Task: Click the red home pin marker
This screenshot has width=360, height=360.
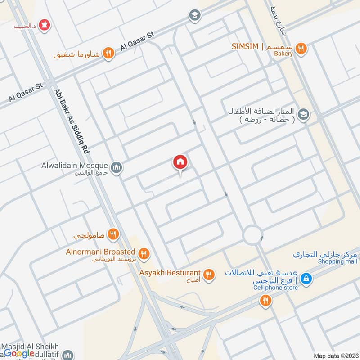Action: coord(180,162)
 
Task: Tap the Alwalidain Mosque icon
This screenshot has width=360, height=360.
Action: coord(117,168)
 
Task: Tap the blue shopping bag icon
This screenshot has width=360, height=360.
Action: coord(306,279)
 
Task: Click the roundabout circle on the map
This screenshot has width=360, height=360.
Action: coord(253,234)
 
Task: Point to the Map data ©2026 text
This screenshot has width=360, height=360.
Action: coord(335,355)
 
